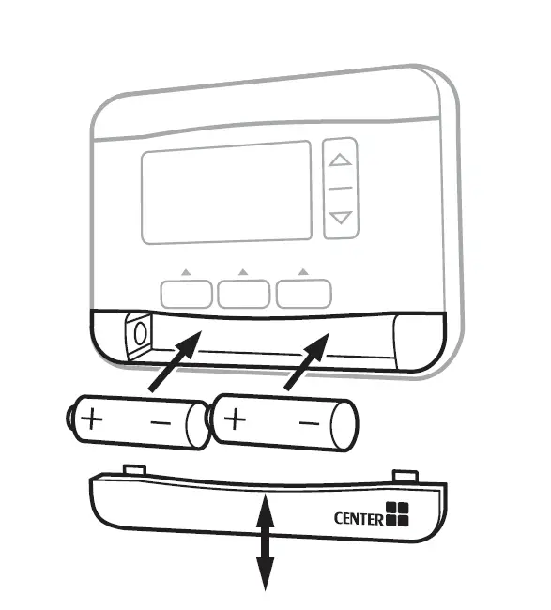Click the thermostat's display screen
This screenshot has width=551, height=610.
point(226,193)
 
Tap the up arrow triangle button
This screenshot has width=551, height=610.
point(340,160)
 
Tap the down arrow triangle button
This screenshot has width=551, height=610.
point(341,218)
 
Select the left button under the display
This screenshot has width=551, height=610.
point(187,294)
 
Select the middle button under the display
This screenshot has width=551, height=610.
point(244,294)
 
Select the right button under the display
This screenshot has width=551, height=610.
point(304,294)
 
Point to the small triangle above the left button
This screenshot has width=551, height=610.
point(186,272)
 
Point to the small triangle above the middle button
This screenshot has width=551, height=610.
point(243,271)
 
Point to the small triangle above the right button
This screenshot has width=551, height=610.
point(303,271)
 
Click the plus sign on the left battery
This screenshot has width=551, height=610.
point(92,419)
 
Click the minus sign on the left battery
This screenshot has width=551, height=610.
point(161,422)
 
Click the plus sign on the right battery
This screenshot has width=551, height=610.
point(235,419)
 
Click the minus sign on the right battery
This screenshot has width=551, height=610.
point(310,422)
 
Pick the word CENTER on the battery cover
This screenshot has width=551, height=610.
point(359,519)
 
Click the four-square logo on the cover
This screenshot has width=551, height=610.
point(397,514)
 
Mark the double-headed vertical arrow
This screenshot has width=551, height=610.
point(265,542)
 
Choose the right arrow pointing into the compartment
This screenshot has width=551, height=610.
point(307,361)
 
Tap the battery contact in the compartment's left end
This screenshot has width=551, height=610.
point(140,333)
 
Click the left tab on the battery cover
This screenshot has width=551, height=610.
point(134,470)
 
